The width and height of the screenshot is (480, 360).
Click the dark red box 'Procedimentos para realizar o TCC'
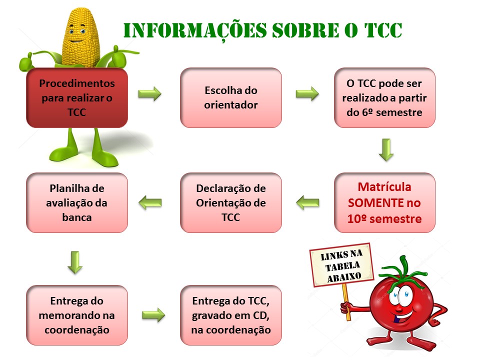coord(77,97)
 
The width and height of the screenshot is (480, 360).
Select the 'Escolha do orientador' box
coord(231,97)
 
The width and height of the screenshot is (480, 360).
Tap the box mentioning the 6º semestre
coord(384,97)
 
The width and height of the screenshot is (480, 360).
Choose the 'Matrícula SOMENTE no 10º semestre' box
coord(384,202)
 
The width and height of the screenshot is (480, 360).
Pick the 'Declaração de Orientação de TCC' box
coord(231,202)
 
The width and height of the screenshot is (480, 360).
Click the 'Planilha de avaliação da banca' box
coord(77,202)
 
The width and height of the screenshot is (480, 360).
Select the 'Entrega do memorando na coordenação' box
coord(77,315)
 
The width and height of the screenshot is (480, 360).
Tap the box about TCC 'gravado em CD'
coord(231,315)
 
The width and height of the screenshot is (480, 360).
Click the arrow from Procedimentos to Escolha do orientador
coord(149,93)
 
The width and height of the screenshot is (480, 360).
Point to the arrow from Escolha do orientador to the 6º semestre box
coord(307,93)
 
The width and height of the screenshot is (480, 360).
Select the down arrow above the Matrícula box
coord(386,150)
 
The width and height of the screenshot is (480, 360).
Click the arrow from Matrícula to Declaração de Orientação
coord(307,202)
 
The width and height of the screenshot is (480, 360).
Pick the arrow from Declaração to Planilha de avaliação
coord(150,202)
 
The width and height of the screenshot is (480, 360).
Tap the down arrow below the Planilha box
coord(75,262)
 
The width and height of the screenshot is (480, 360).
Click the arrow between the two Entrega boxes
coord(153,315)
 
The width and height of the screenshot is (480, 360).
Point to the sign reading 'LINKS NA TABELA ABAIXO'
coord(341,265)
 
